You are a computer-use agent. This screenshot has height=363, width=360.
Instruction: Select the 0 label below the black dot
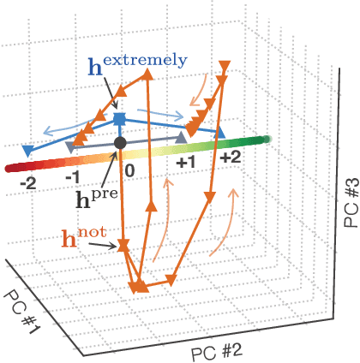[x=129, y=169]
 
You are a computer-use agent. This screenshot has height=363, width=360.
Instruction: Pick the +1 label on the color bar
[x=187, y=160]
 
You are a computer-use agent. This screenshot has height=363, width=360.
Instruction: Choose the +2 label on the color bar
[x=231, y=158]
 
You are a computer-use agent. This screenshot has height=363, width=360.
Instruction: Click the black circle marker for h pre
[x=121, y=141]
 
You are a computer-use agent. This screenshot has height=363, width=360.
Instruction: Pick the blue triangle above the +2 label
[x=220, y=132]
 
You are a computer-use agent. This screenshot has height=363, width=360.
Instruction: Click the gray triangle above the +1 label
[x=180, y=137]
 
